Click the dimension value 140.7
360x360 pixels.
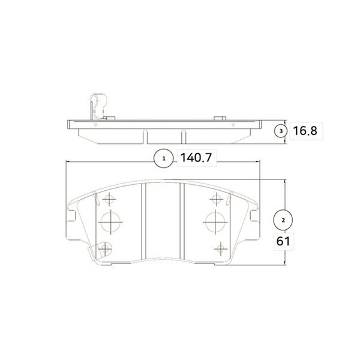coord(196,158)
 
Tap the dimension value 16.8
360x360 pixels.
coord(305,131)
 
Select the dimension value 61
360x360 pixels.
coord(283,241)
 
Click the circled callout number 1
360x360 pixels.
coord(164,158)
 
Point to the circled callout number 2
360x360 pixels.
coord(283,220)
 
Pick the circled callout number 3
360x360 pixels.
coord(281,131)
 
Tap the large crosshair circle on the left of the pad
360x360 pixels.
coord(110,222)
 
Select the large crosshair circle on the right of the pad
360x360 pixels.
coord(215,222)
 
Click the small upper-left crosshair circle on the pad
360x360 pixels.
coord(109,199)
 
